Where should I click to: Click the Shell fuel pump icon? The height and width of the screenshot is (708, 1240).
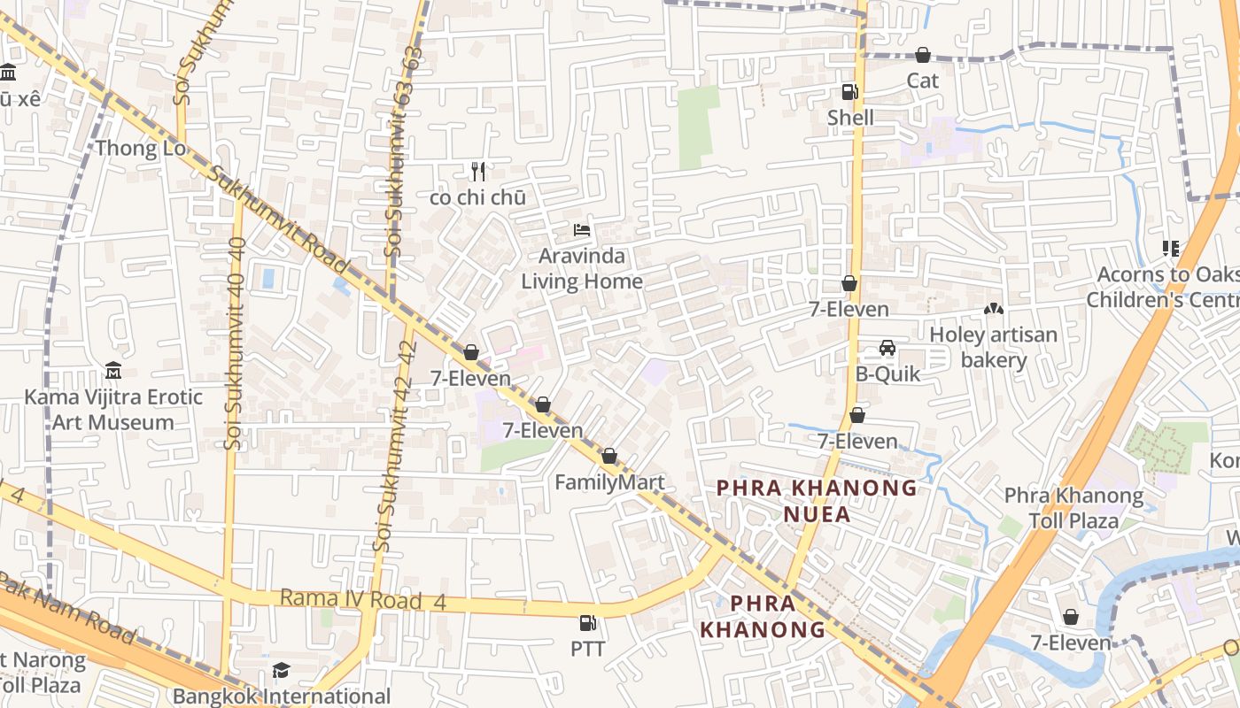[849, 91]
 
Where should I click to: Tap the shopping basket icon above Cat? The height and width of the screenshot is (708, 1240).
[922, 55]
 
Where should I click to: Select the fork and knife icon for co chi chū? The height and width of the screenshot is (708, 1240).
[478, 171]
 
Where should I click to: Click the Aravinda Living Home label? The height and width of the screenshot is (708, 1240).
[582, 269]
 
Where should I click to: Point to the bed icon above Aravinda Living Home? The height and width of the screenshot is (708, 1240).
[582, 230]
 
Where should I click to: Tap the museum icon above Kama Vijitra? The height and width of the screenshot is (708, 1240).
[113, 370]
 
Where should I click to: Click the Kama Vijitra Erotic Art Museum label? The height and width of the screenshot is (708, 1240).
[113, 410]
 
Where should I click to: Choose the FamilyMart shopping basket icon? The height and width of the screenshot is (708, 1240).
[609, 457]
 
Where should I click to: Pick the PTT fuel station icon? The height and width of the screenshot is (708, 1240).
[587, 623]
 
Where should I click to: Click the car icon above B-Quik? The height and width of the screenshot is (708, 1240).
[887, 348]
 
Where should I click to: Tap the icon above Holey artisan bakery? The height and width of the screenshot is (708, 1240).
[994, 310]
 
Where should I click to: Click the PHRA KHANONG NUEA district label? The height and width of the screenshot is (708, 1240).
[817, 501]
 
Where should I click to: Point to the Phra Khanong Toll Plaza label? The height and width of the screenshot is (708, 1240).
[1073, 508]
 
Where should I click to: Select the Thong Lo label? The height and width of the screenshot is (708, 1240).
[141, 148]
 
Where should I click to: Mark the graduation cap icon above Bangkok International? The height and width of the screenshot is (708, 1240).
[281, 670]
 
